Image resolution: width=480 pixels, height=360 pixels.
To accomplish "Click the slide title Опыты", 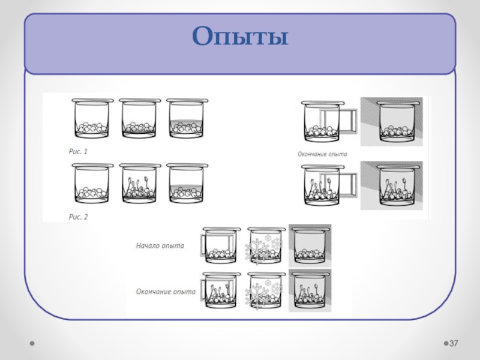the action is coord(240,37).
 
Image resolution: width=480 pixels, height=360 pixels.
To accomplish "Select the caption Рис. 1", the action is coord(77,152).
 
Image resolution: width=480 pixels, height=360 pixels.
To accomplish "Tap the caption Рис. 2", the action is coord(77,217).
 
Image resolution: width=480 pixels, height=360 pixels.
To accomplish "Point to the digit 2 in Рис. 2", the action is coord(86,217).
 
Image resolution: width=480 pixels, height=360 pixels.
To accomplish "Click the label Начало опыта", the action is coord(160,245).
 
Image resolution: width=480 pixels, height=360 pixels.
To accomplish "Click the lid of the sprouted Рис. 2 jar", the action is coord(140,166).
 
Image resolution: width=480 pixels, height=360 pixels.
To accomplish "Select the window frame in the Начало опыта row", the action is coord(206,247).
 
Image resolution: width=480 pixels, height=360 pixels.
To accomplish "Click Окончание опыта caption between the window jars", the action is coord(323,154).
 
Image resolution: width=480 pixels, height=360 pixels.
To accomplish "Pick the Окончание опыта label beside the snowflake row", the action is coord(165,292).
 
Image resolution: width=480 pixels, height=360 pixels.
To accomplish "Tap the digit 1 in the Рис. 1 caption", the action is coord(85,152).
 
